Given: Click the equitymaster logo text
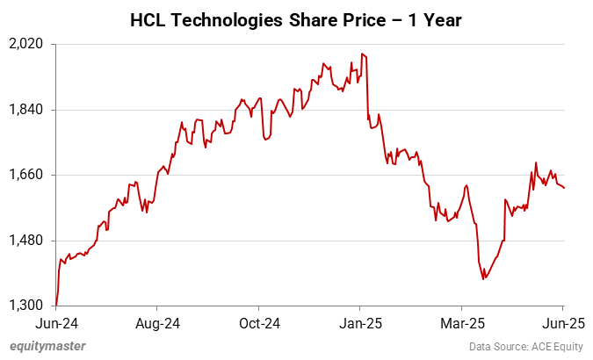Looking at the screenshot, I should (x=48, y=346).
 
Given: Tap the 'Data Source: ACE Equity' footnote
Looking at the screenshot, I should (x=524, y=346).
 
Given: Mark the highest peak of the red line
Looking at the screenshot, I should (x=362, y=54).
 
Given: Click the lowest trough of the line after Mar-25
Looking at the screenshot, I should (x=483, y=279).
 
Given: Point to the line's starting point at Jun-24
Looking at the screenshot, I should (x=56, y=305).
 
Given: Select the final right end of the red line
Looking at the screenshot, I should (x=564, y=188).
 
